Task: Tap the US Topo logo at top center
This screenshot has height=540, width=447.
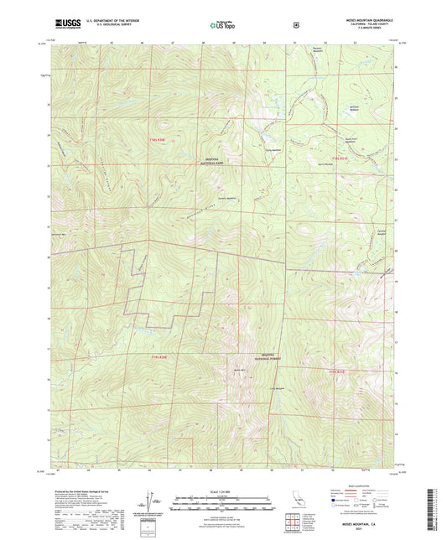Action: click(x=222, y=25)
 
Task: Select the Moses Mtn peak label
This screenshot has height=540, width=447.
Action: click(x=239, y=369)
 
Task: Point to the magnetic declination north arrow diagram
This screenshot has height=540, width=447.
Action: click(x=149, y=503)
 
